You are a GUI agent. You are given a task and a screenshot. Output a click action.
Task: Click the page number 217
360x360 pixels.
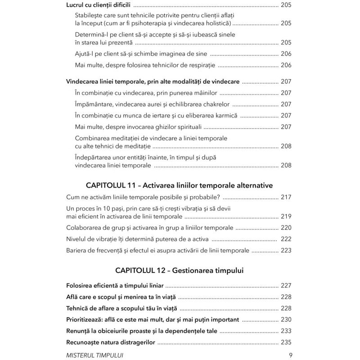click(286, 197)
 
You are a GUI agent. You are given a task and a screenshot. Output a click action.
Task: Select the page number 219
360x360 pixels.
click(286, 216)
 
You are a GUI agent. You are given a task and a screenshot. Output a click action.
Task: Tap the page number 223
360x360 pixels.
click(286, 251)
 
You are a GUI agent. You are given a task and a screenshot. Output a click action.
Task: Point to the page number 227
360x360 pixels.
click(286, 285)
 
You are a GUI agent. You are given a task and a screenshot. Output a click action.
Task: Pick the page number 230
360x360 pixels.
click(286, 319)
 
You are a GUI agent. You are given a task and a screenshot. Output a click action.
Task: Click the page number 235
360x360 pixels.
click(286, 342)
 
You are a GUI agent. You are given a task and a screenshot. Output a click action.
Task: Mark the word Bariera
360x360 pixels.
click(77, 251)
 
